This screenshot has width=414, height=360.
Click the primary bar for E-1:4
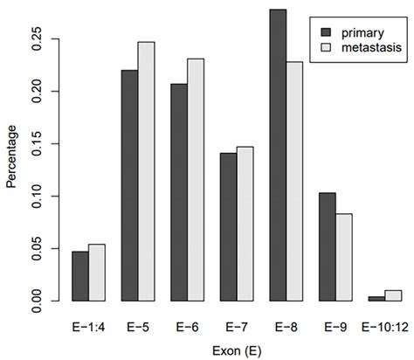[x=79, y=276]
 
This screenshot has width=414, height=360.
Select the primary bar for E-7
[x=229, y=226]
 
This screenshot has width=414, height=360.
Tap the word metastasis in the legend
[x=369, y=50]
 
